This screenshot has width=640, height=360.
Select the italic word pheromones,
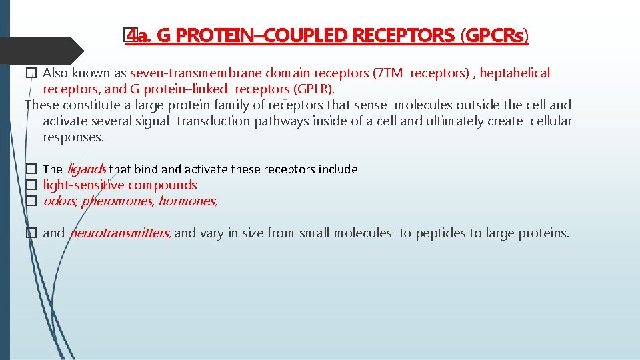tap(117, 201)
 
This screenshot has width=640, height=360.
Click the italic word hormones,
tap(187, 201)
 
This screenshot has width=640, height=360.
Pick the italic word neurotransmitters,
tap(120, 233)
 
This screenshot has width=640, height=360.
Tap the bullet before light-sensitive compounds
tap(30, 185)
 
